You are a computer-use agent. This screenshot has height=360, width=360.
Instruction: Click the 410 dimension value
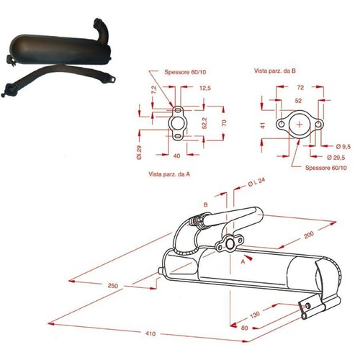[150, 333]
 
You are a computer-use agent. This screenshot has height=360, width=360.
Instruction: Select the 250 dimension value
[113, 286]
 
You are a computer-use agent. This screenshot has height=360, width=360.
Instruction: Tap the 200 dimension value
[309, 235]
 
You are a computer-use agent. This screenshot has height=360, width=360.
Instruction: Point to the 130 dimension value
[255, 315]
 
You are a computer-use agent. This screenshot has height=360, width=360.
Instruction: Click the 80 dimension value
[244, 328]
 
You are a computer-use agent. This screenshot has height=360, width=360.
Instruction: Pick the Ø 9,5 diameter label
[343, 146]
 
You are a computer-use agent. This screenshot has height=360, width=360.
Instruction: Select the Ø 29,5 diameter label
[336, 158]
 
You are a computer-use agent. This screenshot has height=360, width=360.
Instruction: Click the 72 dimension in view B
[300, 88]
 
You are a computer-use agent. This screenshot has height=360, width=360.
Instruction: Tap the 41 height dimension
[263, 125]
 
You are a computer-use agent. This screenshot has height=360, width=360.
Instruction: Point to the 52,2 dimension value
[204, 123]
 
